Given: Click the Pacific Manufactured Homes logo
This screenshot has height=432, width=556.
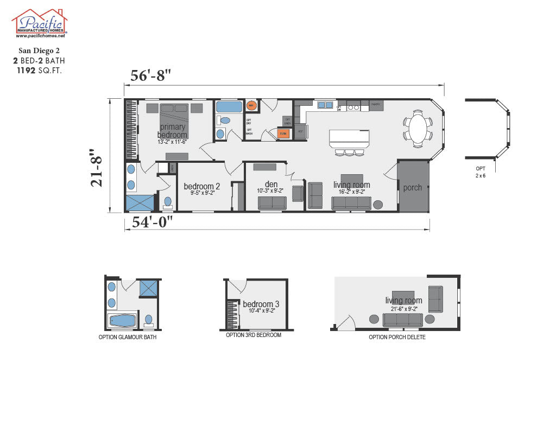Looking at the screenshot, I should tap(39, 23).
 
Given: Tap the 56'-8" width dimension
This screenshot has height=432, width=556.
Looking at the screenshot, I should tap(151, 75).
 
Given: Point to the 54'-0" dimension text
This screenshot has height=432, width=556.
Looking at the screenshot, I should tap(153, 222).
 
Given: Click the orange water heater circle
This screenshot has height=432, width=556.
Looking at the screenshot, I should tap(251, 105).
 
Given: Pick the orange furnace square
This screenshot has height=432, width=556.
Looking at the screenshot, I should tap(282, 132).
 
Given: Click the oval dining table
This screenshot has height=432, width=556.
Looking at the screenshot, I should tap(418, 128).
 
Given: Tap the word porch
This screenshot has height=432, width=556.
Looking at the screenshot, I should tap(413, 188).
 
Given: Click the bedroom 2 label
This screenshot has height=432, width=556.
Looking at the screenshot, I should tap(201, 186).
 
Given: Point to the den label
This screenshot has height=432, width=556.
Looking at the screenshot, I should tap(271, 185).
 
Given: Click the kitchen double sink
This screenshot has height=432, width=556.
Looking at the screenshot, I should tap(325, 105).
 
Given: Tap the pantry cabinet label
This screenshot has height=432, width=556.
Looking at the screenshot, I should tap(376, 104).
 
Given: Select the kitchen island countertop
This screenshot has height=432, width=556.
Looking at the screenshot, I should tap(349, 138).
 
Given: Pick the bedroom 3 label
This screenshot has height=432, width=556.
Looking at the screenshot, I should tap(261, 304).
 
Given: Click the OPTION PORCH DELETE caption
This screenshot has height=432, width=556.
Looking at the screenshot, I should tap(397, 337).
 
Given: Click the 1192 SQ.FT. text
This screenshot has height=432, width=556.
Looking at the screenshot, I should tap(40, 70).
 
